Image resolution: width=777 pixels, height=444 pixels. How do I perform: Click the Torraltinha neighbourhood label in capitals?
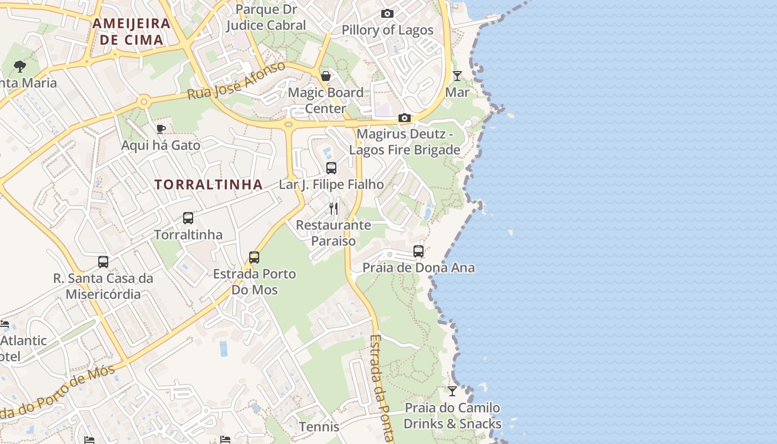coord(208,185)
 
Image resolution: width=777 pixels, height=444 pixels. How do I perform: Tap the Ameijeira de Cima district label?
coord(132,32)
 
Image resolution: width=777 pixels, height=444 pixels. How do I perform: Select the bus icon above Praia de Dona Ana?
coord(418,251)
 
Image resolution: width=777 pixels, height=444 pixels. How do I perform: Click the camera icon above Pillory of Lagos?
coord(387,14)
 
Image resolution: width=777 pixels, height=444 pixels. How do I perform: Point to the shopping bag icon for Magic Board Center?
coord(326,76)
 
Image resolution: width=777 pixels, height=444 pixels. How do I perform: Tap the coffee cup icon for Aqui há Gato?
coord(161,129)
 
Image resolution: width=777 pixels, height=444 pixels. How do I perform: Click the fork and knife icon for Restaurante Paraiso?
coord(334,209)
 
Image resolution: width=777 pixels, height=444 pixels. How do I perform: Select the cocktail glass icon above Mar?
coord(457,76)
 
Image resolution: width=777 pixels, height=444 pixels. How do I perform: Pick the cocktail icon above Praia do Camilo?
coord(452,391)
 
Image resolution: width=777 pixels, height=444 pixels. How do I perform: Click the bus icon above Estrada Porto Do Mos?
coord(254,258)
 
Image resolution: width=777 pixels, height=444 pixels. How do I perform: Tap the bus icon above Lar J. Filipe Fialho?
coord(331,168)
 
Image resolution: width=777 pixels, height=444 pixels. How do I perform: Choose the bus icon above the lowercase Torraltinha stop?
coord(188,218)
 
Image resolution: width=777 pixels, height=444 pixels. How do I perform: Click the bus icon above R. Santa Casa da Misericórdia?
coord(103,262)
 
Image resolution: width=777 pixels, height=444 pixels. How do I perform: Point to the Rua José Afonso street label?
coord(236,81)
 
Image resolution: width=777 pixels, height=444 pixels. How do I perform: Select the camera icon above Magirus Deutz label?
coord(405,118)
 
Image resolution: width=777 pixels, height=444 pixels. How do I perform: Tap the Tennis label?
coord(319,427)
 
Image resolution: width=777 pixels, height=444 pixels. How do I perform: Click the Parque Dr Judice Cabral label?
coord(266,17)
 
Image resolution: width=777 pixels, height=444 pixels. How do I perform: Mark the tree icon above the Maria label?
coord(20,67)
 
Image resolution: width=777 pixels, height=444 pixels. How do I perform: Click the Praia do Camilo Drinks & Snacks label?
coord(452,416)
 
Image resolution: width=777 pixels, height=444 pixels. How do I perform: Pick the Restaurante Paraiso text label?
coord(334,233)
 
